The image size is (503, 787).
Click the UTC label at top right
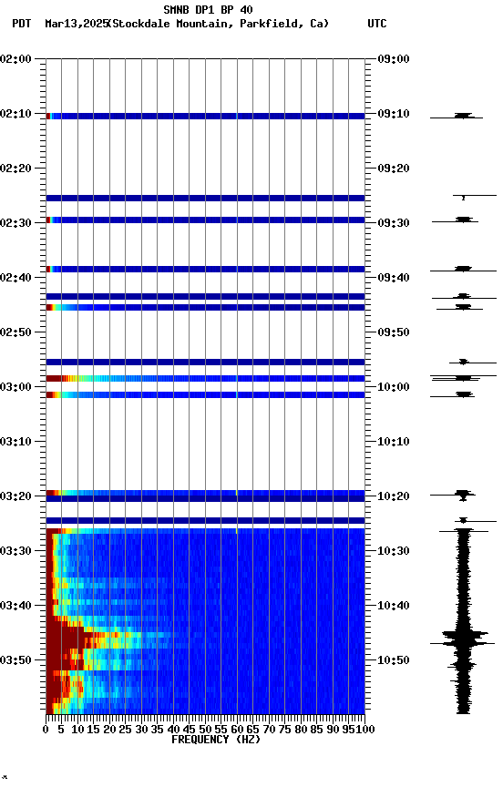[x=377, y=24]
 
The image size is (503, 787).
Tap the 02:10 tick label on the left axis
[x=16, y=114]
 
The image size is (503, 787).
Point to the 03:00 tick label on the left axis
[x=16, y=387]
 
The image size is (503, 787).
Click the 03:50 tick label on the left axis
[x=16, y=659]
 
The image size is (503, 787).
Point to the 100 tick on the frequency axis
[x=364, y=729]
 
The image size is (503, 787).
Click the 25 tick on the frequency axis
[x=126, y=729]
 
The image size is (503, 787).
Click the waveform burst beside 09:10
[x=463, y=116]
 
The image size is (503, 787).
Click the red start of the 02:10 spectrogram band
[x=48, y=116]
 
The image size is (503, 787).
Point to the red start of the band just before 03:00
[x=53, y=378]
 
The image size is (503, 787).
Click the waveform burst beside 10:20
[x=463, y=495]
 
